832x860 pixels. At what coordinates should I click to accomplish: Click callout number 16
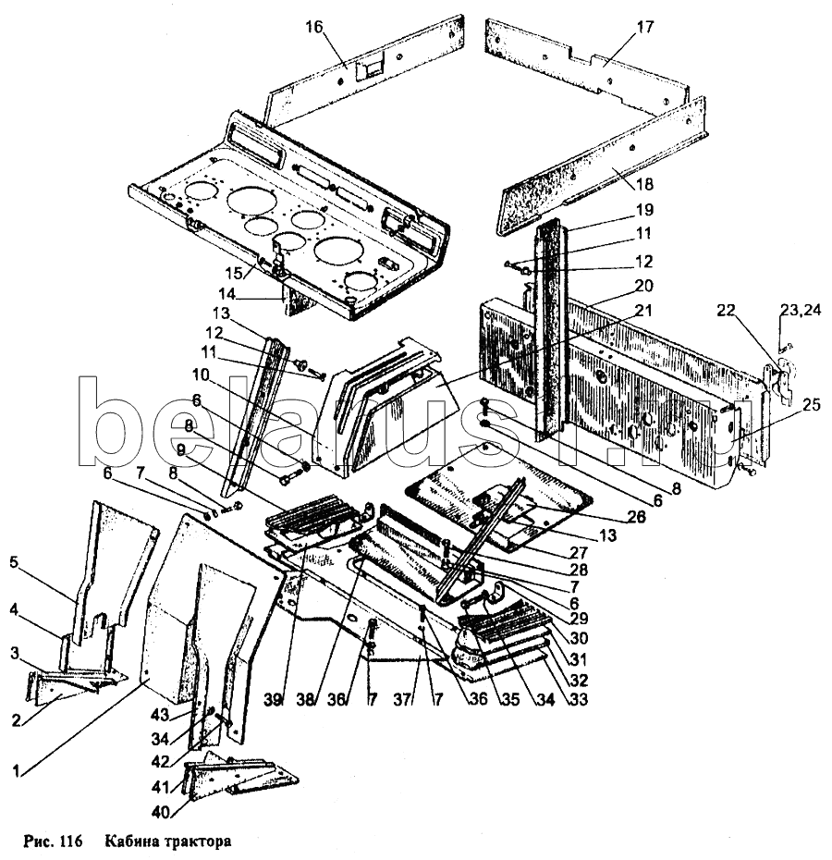pos(314,26)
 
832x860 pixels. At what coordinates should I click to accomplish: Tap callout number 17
pos(643,26)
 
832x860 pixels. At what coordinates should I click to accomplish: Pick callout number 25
pos(786,405)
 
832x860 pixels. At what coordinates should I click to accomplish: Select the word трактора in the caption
pos(194,842)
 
